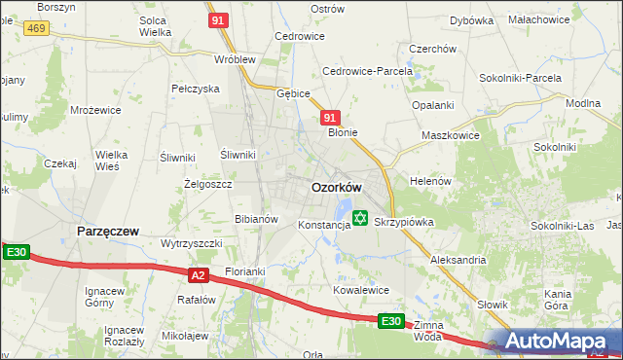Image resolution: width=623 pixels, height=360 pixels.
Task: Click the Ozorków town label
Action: coord(336,187)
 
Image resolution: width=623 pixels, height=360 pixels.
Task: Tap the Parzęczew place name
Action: coord(108,231)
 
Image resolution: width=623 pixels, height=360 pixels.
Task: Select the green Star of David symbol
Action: coord(360,220)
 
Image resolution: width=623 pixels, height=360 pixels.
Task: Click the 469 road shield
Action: coord(36,29)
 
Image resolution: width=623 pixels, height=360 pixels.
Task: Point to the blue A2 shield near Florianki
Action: coord(199,275)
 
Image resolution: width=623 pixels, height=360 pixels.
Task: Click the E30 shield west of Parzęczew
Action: coord(17,253)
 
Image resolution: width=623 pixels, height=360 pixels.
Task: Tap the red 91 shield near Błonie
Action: coord(330,118)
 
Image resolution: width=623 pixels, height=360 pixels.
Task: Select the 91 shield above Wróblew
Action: coord(219,19)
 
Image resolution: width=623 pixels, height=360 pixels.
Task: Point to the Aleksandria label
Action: coord(458,261)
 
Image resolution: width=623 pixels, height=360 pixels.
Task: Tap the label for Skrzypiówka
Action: coord(403,222)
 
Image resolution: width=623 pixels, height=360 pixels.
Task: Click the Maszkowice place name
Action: coord(450,135)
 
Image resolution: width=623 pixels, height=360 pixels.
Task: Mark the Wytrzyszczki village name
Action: coord(192,243)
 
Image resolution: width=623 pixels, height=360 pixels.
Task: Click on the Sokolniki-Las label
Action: coord(562,226)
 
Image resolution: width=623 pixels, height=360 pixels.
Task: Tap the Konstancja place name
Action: coord(323,225)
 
